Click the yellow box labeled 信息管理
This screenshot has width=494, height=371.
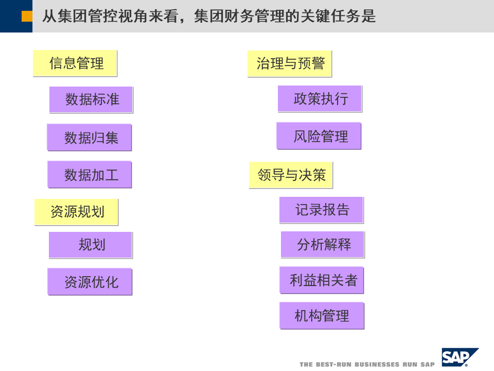tap(75, 63)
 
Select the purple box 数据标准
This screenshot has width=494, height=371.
tap(91, 99)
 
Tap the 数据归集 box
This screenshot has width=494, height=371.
tap(90, 138)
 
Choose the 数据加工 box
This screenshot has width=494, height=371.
tap(90, 175)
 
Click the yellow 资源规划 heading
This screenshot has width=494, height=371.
tap(76, 212)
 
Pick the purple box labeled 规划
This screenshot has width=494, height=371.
tap(91, 245)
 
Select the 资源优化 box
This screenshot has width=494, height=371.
tap(90, 282)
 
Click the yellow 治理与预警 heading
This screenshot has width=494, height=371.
tap(290, 63)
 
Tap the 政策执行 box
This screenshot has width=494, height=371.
tap(320, 98)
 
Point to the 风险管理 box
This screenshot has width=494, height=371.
tap(319, 136)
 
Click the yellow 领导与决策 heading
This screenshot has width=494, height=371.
tap(291, 175)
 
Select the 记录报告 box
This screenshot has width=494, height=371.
tap(321, 210)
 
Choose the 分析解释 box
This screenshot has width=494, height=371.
tap(323, 245)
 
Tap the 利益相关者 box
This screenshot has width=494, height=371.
tap(322, 280)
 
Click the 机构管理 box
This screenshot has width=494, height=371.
tap(322, 315)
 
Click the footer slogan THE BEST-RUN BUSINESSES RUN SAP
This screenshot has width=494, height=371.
tap(367, 364)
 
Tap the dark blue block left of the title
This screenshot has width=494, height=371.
tap(9, 15)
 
